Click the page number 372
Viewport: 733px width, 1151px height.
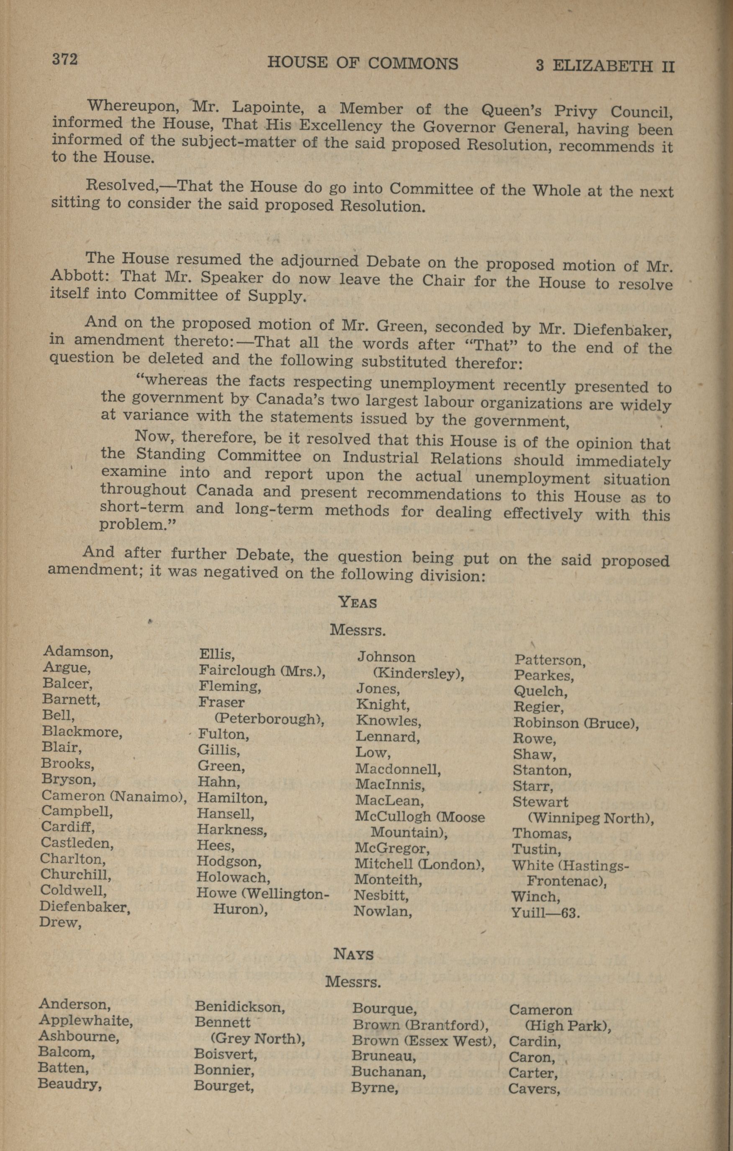point(64,59)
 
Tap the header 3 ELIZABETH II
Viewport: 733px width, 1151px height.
point(604,65)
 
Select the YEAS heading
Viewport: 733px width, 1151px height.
point(357,602)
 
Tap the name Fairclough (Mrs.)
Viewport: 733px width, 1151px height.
point(262,671)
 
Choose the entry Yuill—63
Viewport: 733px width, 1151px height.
point(545,913)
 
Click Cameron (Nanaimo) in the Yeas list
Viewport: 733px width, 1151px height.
point(114,795)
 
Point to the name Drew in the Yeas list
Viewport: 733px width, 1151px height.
point(60,922)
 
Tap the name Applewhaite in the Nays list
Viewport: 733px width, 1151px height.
point(85,1021)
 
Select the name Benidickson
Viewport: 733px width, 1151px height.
point(240,1007)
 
